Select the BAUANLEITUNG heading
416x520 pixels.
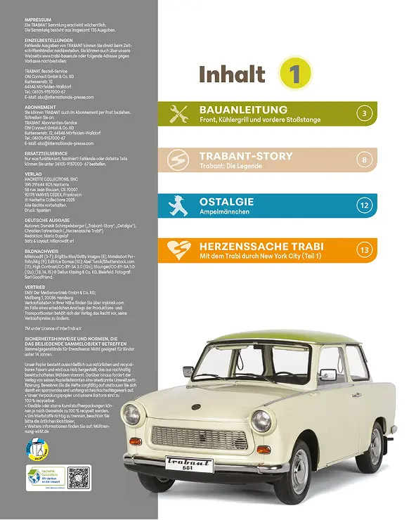point(243,110)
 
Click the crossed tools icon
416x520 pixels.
point(180,114)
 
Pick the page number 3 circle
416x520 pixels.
point(363,114)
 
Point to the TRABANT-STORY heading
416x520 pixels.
point(244,155)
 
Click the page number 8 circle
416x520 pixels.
point(363,160)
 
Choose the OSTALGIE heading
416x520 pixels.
point(227,202)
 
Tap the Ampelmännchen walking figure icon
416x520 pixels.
point(180,206)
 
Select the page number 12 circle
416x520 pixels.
point(363,206)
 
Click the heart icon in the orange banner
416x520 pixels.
point(180,252)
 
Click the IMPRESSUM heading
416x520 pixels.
point(39,22)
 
